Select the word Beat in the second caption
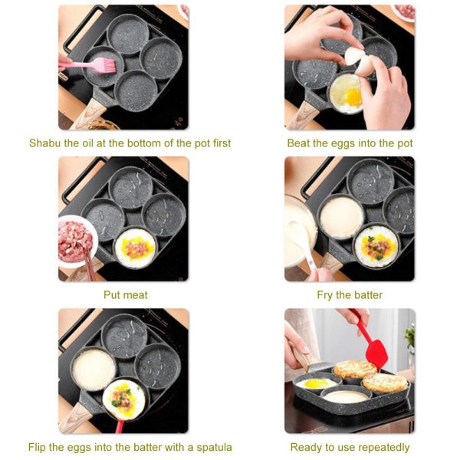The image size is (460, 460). [x=299, y=143]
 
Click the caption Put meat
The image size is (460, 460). [x=126, y=295]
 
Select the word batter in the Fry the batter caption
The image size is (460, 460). [x=367, y=295]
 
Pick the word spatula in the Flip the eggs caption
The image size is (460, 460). [x=212, y=447]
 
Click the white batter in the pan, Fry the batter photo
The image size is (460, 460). [x=342, y=217]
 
